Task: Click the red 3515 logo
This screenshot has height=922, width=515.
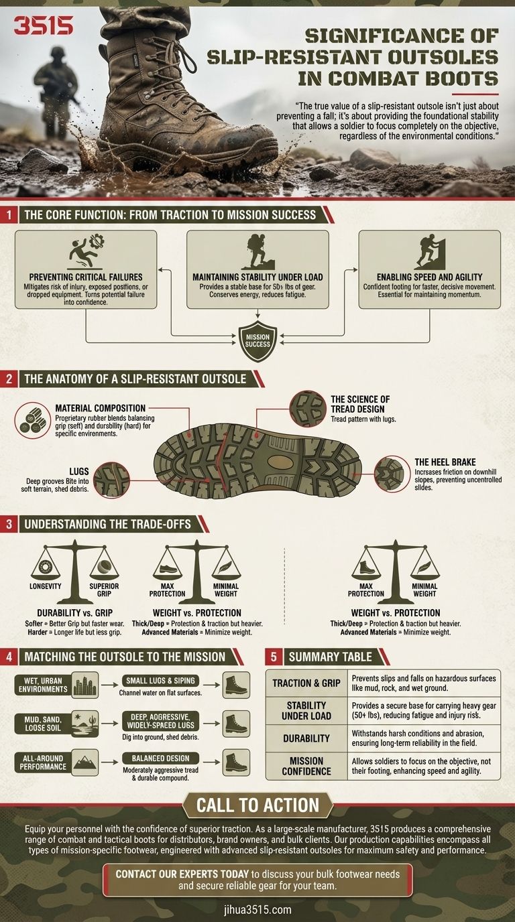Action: (44, 26)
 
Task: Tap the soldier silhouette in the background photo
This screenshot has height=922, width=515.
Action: (55, 90)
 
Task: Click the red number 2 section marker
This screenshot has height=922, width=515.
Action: (9, 379)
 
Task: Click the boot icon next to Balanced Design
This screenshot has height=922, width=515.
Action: (236, 763)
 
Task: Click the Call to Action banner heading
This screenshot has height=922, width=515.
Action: (257, 805)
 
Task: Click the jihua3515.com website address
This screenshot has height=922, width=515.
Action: (257, 909)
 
